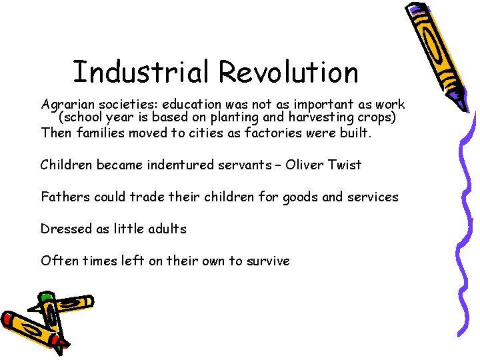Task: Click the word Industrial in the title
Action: [141, 72]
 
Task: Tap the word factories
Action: [280, 132]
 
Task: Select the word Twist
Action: [346, 164]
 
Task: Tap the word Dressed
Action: [65, 229]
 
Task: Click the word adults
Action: [166, 229]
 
